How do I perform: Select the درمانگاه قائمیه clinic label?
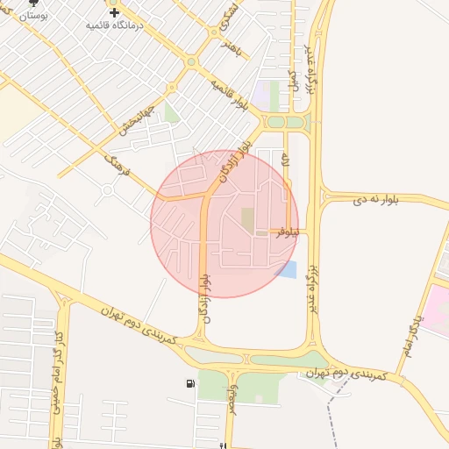click(x=114, y=25)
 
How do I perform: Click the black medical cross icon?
click(x=114, y=12)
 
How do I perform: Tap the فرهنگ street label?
click(x=117, y=164)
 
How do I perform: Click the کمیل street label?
click(x=293, y=81)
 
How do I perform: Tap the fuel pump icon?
click(x=190, y=383)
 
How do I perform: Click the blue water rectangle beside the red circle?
click(x=287, y=269)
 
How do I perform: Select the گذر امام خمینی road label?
click(x=59, y=412)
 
